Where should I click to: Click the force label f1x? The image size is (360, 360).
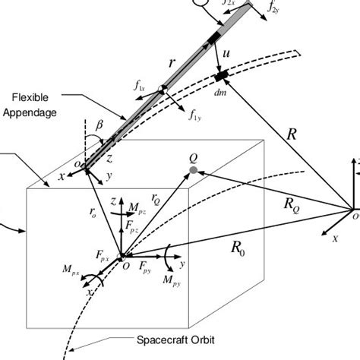pyautogui.click(x=140, y=89)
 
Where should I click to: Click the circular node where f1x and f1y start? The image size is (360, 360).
pyautogui.click(x=161, y=91)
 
